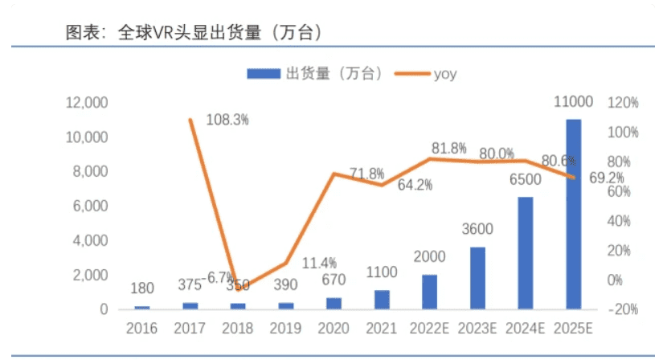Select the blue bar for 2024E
tap(525, 253)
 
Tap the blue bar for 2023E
tap(477, 278)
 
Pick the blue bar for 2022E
tap(429, 292)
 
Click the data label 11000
tap(574, 101)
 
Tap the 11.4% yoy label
tap(319, 263)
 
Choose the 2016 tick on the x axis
tap(142, 329)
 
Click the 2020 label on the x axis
tap(334, 329)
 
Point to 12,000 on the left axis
tap(86, 103)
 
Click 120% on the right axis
tap(624, 103)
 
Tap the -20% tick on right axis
tap(624, 310)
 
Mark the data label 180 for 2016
tap(142, 288)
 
